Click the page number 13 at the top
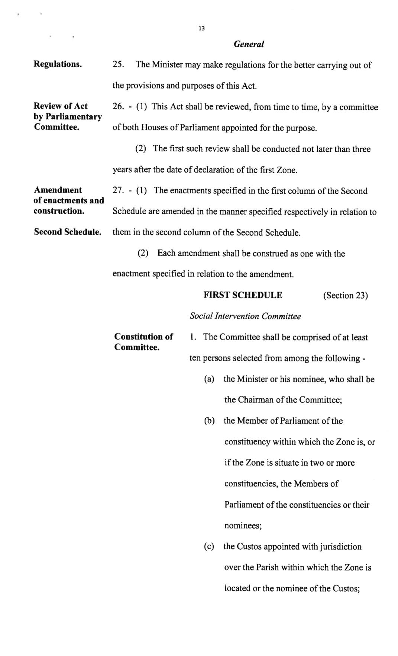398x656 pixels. [201, 29]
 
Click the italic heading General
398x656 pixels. [249, 44]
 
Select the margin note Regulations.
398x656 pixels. [58, 64]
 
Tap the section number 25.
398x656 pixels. [118, 64]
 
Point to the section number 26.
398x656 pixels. [118, 107]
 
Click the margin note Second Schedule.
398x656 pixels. [67, 232]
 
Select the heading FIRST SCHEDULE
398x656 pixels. [243, 295]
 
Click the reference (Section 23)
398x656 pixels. [345, 296]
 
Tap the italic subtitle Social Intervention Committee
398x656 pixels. [245, 316]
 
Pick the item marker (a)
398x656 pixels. [210, 379]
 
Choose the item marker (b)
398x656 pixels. [210, 421]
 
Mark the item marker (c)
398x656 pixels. [209, 547]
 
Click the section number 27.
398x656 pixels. [118, 191]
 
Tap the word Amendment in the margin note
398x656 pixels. [58, 190]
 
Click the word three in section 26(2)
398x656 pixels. [362, 149]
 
